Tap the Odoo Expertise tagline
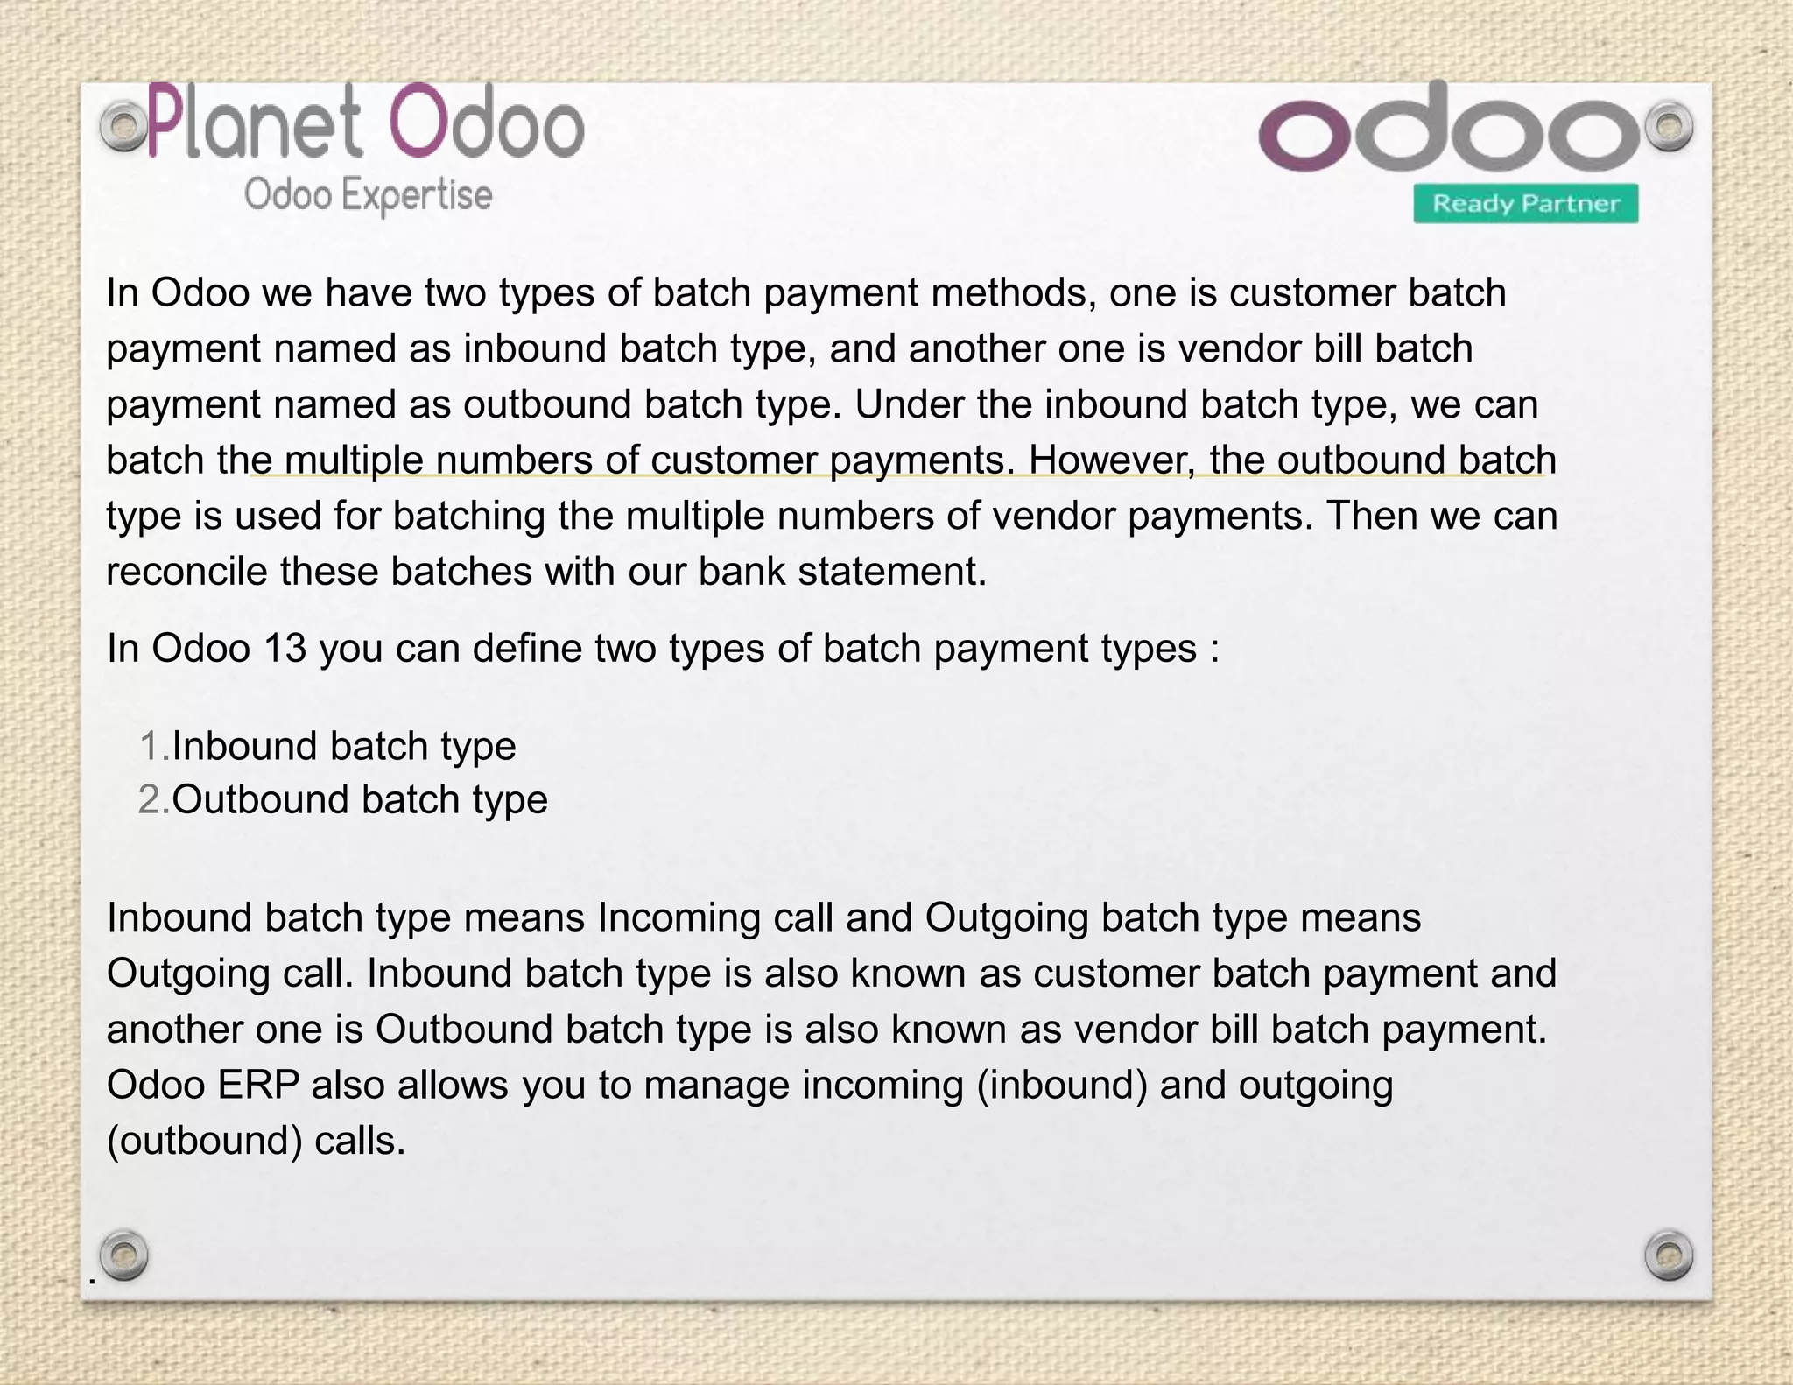click(368, 195)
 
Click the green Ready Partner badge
click(1526, 204)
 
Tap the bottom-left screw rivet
click(123, 1255)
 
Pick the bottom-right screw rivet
click(1669, 1255)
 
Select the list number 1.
click(152, 747)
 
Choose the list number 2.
click(152, 800)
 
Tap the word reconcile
click(186, 572)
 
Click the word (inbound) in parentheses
click(1061, 1086)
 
